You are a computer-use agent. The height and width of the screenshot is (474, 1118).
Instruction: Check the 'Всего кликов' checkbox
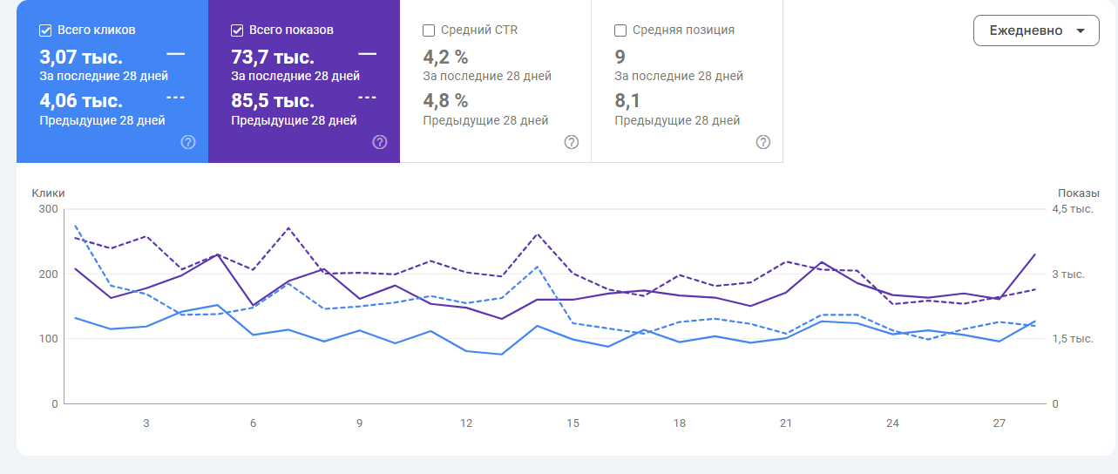45,30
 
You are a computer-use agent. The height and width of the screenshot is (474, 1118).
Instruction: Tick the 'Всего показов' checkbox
237,30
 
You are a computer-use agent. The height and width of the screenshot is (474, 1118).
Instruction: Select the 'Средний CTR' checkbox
429,30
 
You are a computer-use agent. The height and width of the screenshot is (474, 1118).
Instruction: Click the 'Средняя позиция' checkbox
620,30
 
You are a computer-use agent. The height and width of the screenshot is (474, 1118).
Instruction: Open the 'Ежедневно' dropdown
1036,30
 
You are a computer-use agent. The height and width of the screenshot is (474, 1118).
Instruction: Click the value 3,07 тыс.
81,58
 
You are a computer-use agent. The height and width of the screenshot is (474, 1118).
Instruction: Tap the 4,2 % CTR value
445,58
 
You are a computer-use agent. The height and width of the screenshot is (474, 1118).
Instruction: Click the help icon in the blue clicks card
188,142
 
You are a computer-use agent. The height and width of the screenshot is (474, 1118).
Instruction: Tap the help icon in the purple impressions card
380,142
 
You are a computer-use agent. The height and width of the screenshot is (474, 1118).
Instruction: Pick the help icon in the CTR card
572,142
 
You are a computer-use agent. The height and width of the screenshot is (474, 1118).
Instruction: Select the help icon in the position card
763,142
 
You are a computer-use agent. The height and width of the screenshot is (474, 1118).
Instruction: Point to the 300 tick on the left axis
48,209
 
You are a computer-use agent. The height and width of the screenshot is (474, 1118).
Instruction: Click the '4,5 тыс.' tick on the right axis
1072,209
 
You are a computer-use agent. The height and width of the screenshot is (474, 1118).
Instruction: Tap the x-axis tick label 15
573,423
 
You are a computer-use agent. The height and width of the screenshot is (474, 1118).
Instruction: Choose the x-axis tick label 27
999,423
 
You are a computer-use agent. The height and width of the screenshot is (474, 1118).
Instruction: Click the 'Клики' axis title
49,193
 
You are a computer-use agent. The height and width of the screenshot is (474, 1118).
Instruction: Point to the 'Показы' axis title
1079,193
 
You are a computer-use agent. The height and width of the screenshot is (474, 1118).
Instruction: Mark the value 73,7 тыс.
273,58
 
